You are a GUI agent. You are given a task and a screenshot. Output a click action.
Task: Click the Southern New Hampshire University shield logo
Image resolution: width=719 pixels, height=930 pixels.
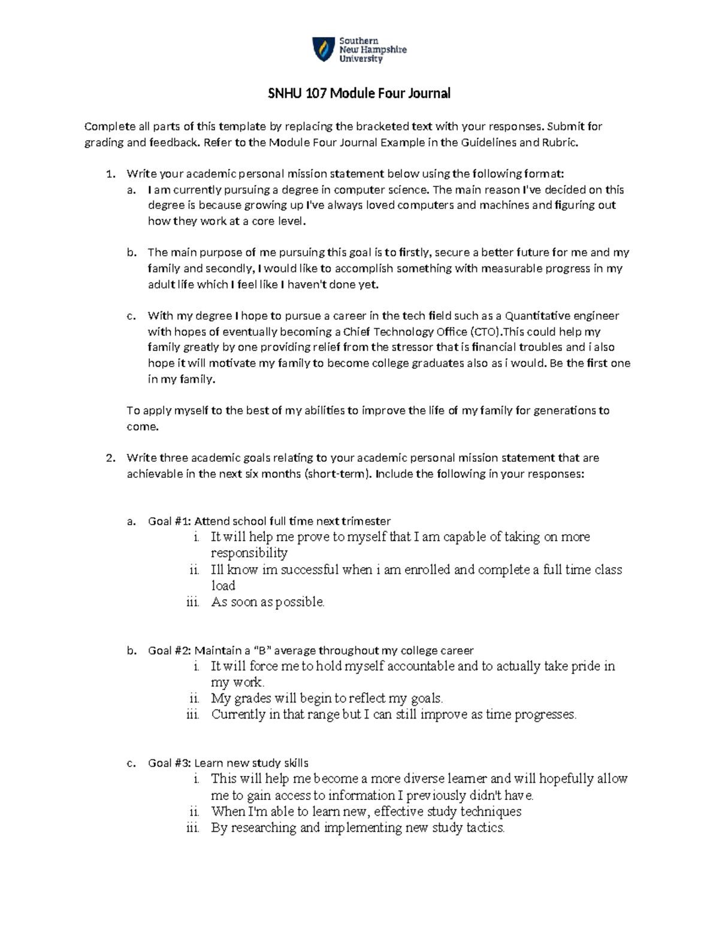point(322,50)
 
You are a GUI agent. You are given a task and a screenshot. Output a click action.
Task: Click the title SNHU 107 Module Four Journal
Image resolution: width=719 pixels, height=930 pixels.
point(359,93)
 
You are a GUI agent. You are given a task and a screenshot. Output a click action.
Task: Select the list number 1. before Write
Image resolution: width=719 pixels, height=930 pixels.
point(109,174)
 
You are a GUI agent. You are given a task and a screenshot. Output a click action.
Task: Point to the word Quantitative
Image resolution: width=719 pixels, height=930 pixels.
point(539,316)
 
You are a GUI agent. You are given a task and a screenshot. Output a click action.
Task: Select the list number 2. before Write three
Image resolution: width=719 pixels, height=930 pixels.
point(109,458)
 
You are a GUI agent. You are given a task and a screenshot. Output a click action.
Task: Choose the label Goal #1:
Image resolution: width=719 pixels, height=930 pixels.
point(170,521)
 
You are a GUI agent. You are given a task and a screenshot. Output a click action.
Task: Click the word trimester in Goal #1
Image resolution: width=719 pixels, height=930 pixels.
point(365,521)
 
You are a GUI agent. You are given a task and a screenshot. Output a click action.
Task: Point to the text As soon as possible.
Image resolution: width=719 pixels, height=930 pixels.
point(267,602)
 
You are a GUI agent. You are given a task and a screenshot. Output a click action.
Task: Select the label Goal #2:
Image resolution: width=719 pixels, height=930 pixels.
point(170,651)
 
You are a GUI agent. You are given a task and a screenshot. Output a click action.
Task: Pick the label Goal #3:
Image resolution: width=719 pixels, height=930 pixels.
point(170,764)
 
